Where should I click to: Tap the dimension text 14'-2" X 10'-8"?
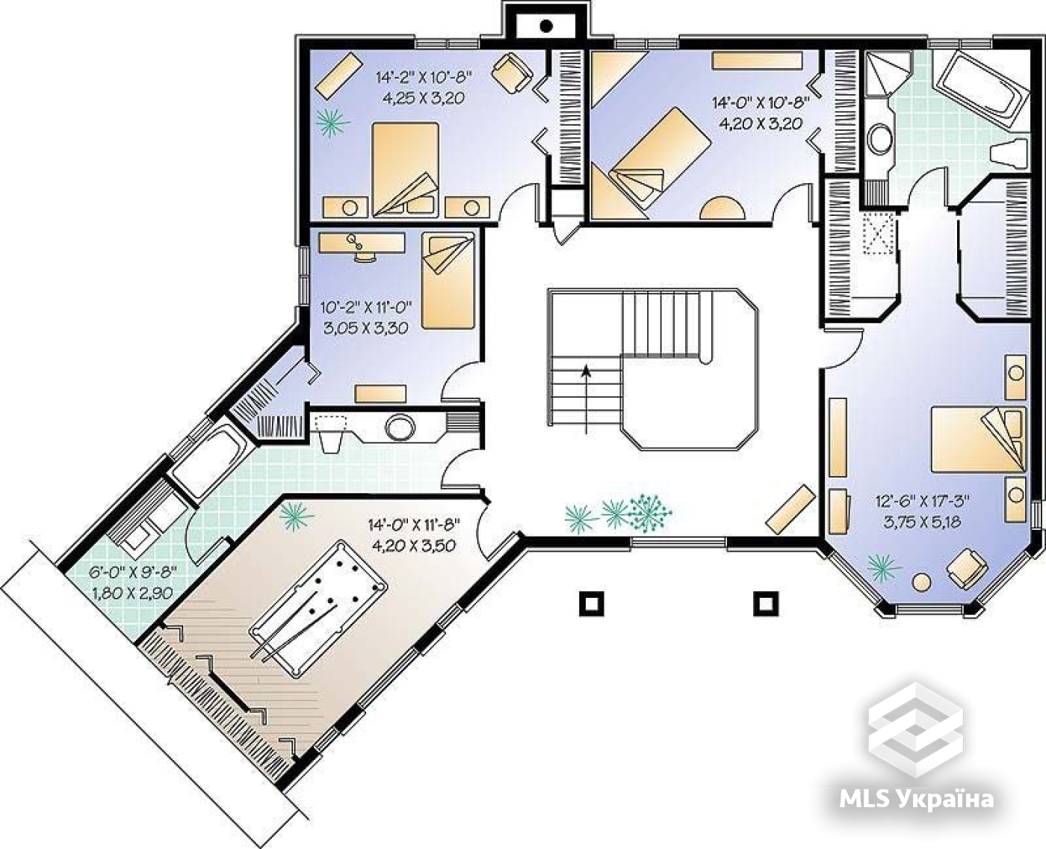tap(424, 77)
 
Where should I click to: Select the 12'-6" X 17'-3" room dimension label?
tap(922, 501)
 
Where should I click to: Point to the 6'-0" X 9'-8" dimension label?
tap(132, 572)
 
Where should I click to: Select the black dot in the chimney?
tap(547, 26)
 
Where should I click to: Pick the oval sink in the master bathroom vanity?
tap(877, 138)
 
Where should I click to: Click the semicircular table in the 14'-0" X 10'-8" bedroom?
tap(722, 209)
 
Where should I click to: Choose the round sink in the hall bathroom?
tap(400, 427)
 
